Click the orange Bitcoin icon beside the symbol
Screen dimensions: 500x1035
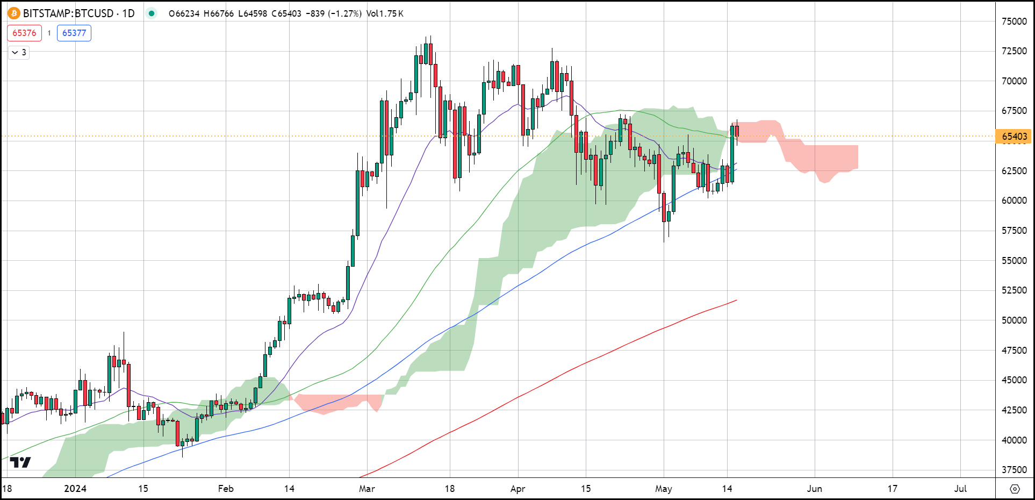click(13, 13)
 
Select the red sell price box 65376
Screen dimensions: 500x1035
click(24, 33)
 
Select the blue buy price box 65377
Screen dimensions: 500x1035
click(74, 33)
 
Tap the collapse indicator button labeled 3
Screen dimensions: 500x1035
click(19, 52)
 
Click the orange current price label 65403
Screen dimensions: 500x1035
click(1014, 137)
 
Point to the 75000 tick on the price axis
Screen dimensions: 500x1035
click(1014, 22)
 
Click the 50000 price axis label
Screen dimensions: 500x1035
click(1014, 320)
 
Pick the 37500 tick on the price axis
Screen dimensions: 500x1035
click(1014, 469)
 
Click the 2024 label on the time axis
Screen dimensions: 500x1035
click(75, 489)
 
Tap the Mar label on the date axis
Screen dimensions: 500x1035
click(367, 489)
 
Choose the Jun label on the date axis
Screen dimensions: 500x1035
click(815, 489)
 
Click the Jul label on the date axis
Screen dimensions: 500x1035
click(960, 489)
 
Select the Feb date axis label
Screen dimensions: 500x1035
click(226, 489)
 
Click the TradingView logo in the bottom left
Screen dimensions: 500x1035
click(20, 462)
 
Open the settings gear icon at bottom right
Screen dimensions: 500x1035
click(1015, 489)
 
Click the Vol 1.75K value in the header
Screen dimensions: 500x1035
click(385, 13)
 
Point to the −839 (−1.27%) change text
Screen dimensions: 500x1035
click(333, 13)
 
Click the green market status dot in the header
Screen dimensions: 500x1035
click(152, 13)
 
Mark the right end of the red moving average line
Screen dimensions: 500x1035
click(736, 300)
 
